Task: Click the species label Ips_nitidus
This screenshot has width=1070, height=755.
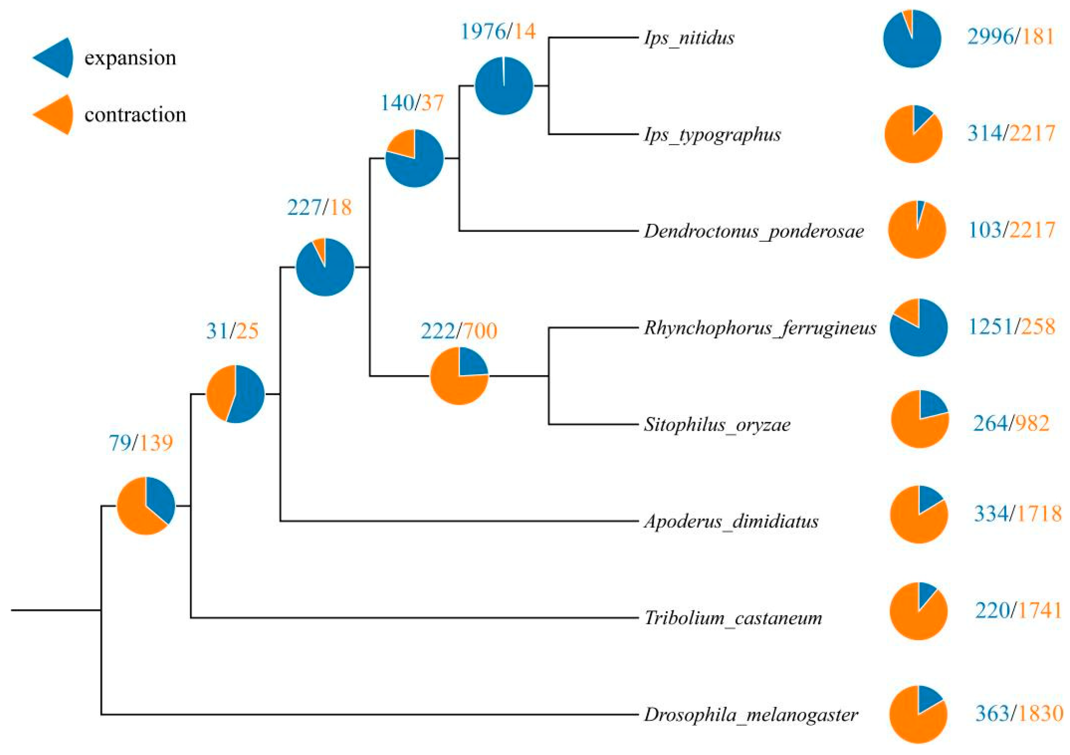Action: (689, 38)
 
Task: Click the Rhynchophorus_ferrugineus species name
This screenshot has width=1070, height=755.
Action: (760, 328)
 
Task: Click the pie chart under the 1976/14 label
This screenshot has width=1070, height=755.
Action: (504, 86)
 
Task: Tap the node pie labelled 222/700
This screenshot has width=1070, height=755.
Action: (459, 376)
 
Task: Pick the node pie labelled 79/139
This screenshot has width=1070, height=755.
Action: (146, 506)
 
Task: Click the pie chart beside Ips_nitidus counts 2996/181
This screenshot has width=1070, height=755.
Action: (912, 39)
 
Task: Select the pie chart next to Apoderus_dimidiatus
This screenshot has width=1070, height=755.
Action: (919, 515)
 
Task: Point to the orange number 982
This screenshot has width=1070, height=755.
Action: (1032, 423)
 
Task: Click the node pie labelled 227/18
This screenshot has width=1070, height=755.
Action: (325, 267)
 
